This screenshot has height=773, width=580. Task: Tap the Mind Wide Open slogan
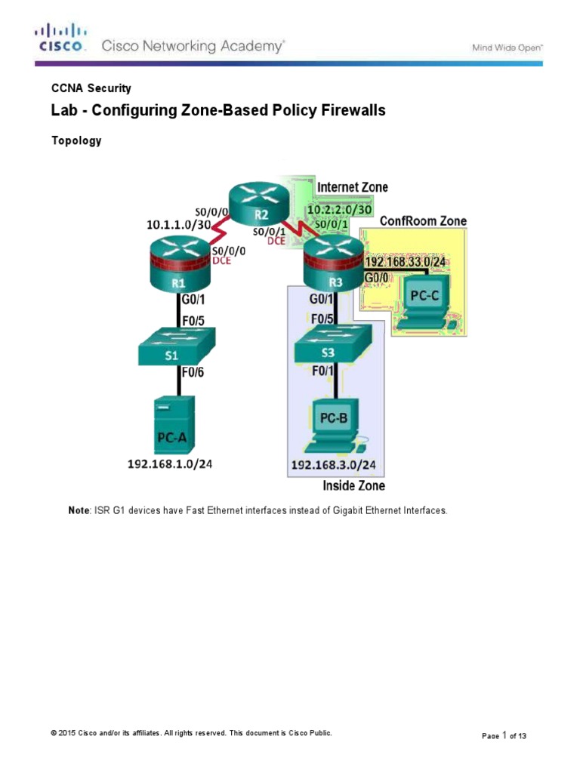(x=507, y=47)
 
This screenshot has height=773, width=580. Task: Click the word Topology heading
(x=76, y=141)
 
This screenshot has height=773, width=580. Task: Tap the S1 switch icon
(x=177, y=348)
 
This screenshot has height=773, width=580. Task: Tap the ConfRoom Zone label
(x=423, y=220)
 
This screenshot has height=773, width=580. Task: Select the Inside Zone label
(x=353, y=485)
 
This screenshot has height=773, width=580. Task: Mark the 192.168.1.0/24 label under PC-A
(x=170, y=464)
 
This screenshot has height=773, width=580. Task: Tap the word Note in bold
(x=79, y=511)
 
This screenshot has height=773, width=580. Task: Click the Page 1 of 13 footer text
(x=504, y=736)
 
